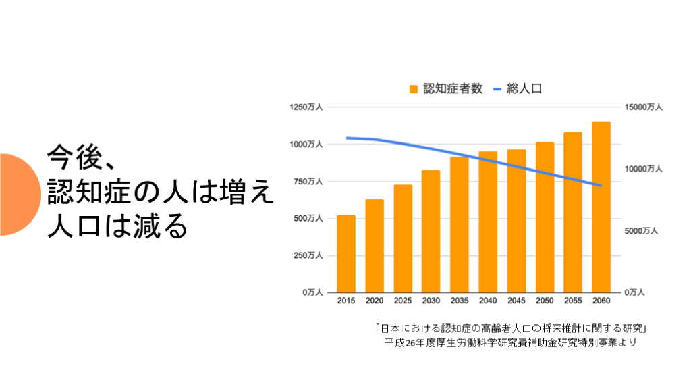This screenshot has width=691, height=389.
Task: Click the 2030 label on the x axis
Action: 431,301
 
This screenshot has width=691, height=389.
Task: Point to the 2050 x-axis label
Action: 545,301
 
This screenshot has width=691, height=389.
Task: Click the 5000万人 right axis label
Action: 642,231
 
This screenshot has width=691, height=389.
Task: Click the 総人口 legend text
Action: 524,88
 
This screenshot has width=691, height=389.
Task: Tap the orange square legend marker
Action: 414,89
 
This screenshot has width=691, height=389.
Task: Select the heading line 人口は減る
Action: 116,227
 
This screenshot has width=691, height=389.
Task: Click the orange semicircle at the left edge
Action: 16,194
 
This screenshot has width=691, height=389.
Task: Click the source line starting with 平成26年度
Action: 511,342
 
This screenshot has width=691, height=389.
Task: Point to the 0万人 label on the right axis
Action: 635,292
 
